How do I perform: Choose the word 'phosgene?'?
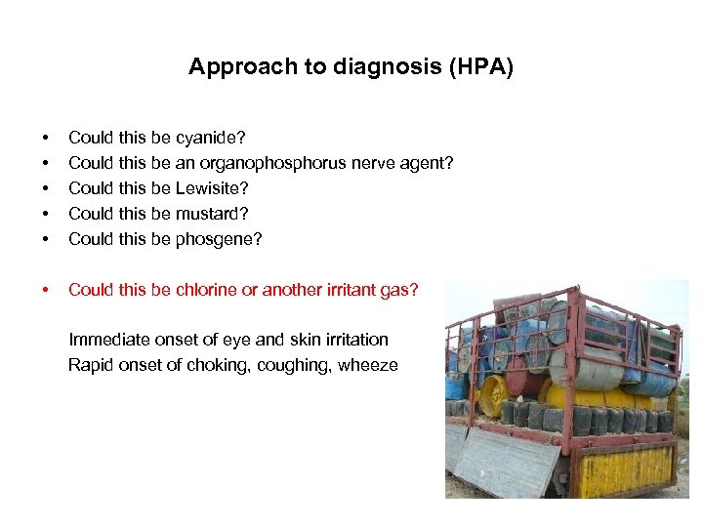click(x=220, y=239)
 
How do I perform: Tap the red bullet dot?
click(x=43, y=290)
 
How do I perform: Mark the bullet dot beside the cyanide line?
click(x=43, y=138)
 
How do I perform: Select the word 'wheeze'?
click(x=370, y=365)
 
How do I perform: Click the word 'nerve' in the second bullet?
click(x=367, y=163)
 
